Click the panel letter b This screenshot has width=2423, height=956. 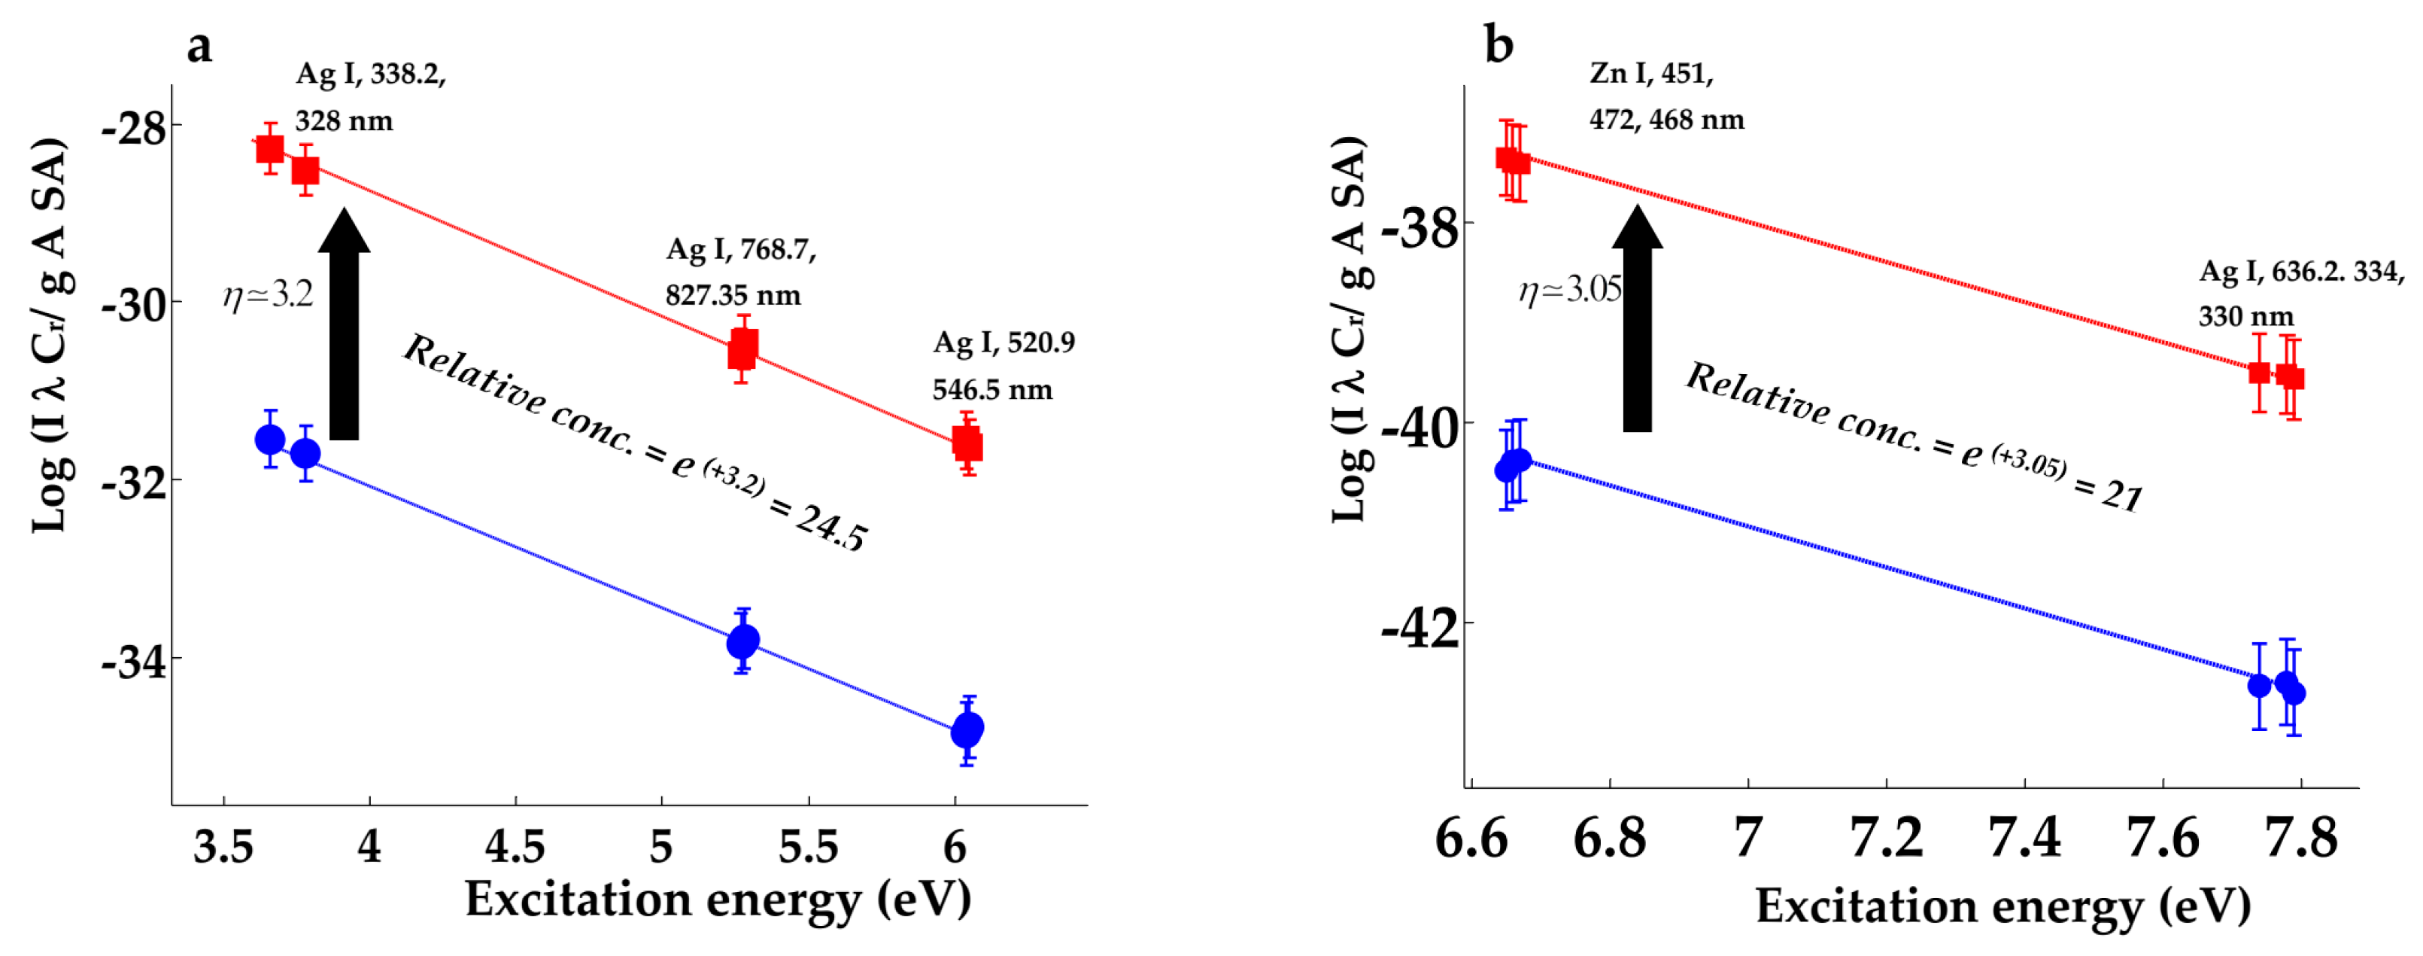1498,44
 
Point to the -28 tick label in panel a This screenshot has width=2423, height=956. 135,127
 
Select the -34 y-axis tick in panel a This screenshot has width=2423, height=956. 135,662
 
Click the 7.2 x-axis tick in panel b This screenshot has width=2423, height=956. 1886,836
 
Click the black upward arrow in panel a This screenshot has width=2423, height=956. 345,324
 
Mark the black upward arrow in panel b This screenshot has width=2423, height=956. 1638,320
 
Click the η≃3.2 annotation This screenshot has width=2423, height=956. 268,295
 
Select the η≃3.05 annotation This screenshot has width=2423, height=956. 1570,290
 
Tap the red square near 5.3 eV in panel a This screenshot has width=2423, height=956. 743,350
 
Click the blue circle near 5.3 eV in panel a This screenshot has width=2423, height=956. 743,641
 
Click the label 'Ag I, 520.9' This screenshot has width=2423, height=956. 1004,343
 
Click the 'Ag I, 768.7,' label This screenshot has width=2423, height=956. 741,249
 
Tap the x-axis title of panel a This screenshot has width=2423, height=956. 718,900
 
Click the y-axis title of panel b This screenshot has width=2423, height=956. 1351,330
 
